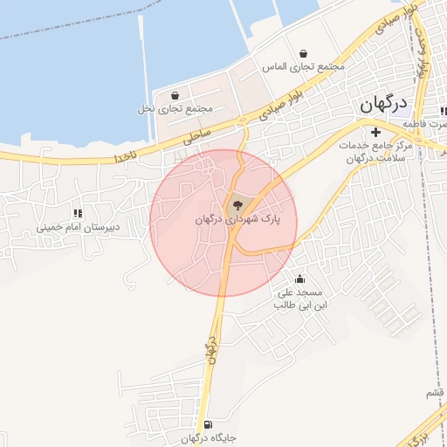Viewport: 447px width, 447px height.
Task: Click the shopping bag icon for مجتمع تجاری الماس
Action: tap(302, 54)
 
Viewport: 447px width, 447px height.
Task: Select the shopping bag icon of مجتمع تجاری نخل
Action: tap(175, 96)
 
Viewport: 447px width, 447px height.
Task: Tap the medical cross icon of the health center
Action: tap(375, 133)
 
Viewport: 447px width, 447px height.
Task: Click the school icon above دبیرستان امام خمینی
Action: tap(78, 212)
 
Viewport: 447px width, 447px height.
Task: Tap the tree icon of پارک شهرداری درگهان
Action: tap(237, 205)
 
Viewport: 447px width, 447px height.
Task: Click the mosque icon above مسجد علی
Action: tap(300, 279)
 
